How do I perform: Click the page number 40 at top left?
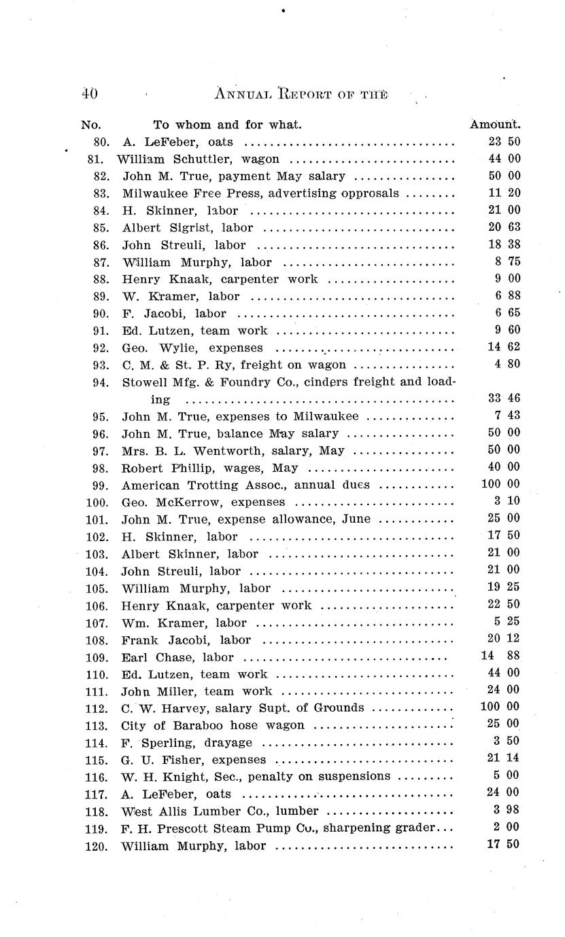point(89,94)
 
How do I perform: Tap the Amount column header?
point(495,124)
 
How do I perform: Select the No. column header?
point(90,124)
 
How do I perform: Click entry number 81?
point(95,160)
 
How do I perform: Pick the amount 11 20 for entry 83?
point(504,194)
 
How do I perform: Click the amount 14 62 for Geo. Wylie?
point(504,348)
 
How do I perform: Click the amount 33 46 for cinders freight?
point(504,399)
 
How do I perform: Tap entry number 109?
point(97,657)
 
